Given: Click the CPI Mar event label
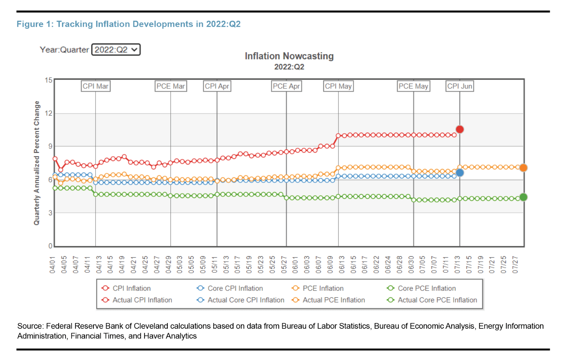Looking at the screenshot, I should tap(96, 86).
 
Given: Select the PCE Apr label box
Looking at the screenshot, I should tap(286, 86).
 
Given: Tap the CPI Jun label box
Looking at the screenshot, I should tap(460, 86).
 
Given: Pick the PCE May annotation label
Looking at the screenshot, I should tap(413, 86).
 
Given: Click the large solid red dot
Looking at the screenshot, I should tap(460, 129).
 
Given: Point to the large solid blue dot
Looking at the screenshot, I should tap(460, 173).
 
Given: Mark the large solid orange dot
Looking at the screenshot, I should tap(523, 168).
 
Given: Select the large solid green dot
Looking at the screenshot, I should tap(523, 197).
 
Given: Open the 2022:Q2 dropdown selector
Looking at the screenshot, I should tap(116, 50).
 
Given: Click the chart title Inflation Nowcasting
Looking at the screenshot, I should tap(289, 56).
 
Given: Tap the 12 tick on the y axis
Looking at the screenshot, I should tap(49, 113).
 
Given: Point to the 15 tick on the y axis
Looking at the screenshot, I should tap(49, 80).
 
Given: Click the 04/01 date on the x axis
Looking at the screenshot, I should tap(52, 265).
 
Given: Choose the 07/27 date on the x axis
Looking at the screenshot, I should tap(515, 265).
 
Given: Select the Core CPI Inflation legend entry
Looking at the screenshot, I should tap(235, 288).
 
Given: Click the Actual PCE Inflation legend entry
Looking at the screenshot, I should tap(333, 300).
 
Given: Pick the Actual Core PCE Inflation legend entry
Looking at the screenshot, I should tap(437, 300).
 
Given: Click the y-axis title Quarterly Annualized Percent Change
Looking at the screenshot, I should tap(37, 163).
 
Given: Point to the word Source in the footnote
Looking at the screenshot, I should tap(30, 326).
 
